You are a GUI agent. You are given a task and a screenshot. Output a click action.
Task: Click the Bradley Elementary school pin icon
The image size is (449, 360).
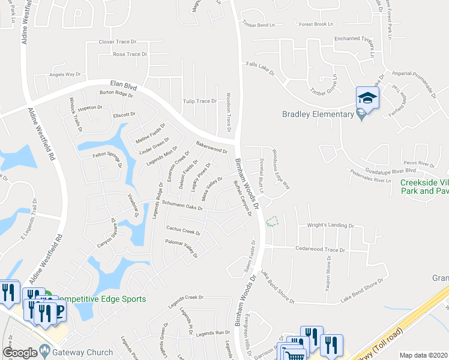pos(367,97)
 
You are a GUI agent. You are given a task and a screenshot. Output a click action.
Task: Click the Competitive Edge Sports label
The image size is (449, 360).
pos(99,299)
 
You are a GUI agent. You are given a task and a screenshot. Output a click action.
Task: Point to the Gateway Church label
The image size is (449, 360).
pos(82,352)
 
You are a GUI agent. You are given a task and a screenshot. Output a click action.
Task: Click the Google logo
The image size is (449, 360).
pos(20,353)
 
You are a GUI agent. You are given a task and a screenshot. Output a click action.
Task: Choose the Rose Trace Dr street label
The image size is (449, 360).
pos(130,54)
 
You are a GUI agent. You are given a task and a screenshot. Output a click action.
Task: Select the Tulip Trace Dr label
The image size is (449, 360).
pos(200,101)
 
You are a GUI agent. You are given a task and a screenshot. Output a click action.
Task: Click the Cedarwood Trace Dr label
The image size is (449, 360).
pos(320,249)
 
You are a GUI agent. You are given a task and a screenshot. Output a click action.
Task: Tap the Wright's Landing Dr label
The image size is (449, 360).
pos(331,225)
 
